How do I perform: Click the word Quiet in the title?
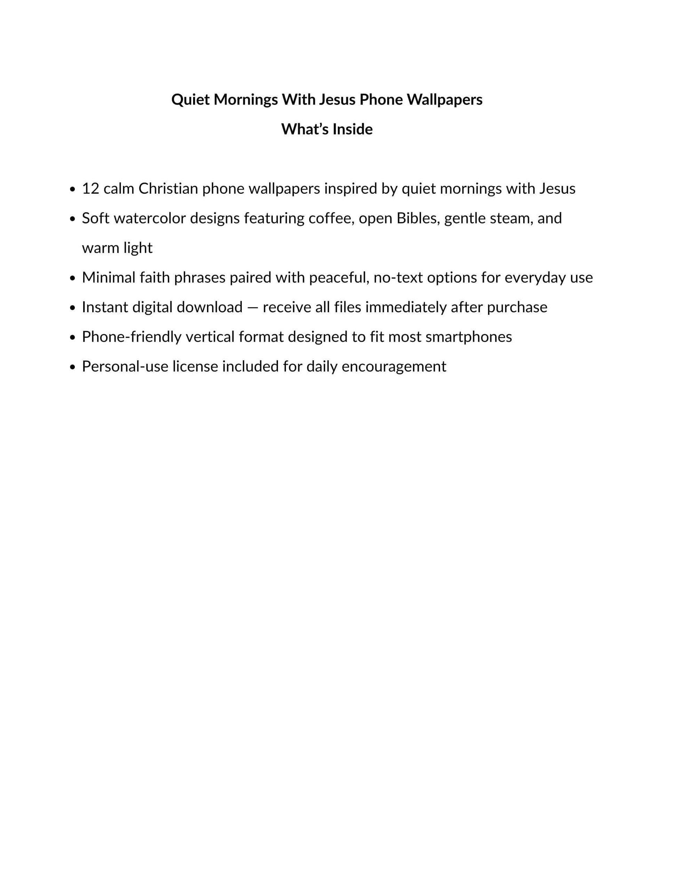pyautogui.click(x=190, y=99)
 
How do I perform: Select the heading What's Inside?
pyautogui.click(x=327, y=129)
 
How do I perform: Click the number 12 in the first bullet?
pyautogui.click(x=90, y=188)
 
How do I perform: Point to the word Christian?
pyautogui.click(x=168, y=188)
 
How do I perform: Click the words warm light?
pyautogui.click(x=117, y=248)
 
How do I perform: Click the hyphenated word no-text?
pyautogui.click(x=398, y=277)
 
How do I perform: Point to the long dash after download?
pyautogui.click(x=253, y=307)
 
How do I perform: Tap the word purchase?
pyautogui.click(x=517, y=307)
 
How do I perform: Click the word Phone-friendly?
pyautogui.click(x=132, y=337)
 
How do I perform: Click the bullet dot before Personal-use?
pyautogui.click(x=72, y=367)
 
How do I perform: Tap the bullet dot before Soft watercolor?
pyautogui.click(x=72, y=219)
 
